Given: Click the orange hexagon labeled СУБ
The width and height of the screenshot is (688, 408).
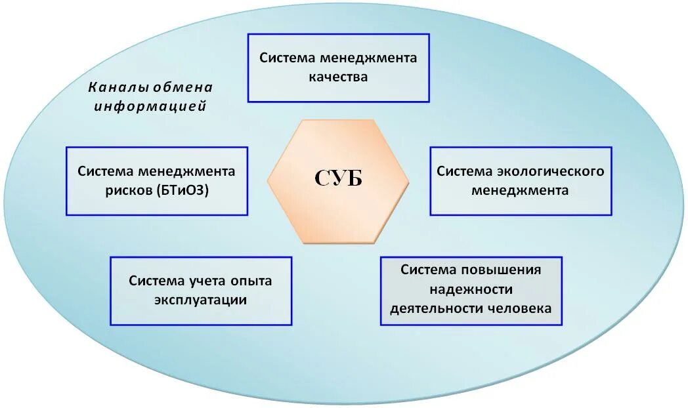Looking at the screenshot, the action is pyautogui.click(x=338, y=181).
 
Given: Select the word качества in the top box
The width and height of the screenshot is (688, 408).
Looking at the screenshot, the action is pyautogui.click(x=338, y=77).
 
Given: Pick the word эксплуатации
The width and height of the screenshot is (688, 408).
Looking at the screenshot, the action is pyautogui.click(x=200, y=300).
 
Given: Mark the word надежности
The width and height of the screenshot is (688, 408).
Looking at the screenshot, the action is pyautogui.click(x=471, y=289).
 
